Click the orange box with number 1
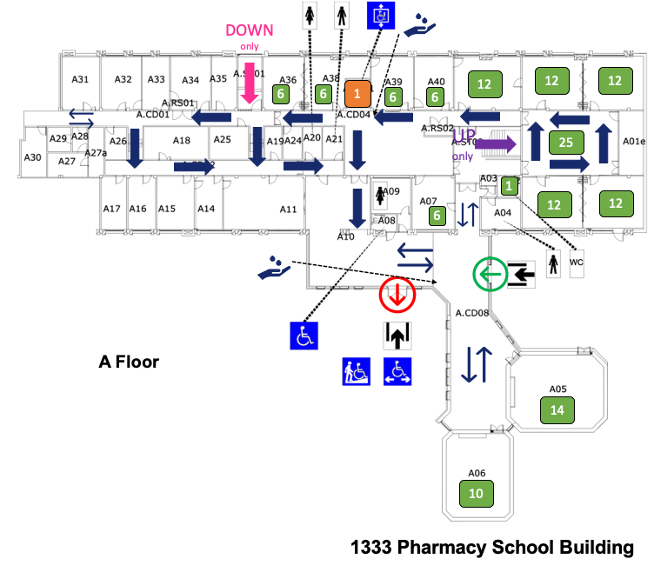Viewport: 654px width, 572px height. click(x=357, y=93)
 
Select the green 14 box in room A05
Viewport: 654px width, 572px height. click(x=557, y=409)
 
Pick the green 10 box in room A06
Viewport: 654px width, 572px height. click(x=476, y=493)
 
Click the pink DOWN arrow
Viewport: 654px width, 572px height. click(x=249, y=86)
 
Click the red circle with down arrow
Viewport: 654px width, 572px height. click(x=397, y=295)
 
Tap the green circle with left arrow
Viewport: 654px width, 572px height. click(x=490, y=275)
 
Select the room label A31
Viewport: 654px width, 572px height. click(x=80, y=79)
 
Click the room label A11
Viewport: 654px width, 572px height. click(x=288, y=209)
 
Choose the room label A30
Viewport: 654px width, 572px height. click(x=32, y=157)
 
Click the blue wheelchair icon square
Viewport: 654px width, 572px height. click(x=304, y=334)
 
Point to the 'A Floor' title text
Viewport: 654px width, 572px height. click(x=129, y=362)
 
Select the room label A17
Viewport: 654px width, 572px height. click(x=111, y=209)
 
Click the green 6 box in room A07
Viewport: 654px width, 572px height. click(x=438, y=215)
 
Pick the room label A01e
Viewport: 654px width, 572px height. click(x=634, y=141)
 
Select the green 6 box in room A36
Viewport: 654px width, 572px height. click(x=280, y=94)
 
